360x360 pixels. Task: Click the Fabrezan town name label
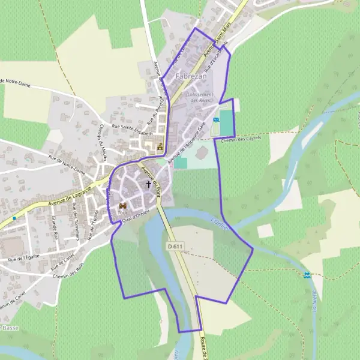tap(191, 77)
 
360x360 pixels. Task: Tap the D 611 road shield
tap(175, 246)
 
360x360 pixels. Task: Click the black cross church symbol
tap(149, 185)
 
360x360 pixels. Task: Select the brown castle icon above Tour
tap(123, 205)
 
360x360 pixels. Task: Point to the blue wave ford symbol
tap(307, 275)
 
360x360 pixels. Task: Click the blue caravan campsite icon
tap(216, 119)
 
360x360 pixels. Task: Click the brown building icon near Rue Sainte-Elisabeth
tap(160, 146)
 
